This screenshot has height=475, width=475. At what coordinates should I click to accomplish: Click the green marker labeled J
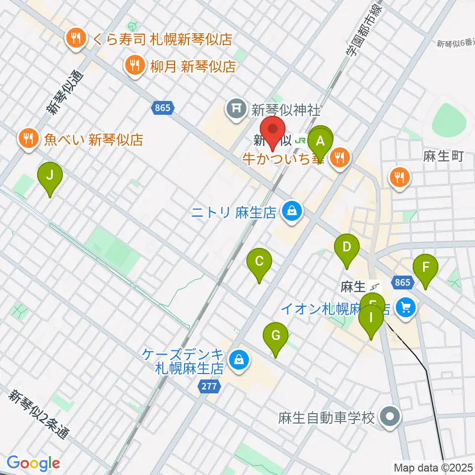(49, 175)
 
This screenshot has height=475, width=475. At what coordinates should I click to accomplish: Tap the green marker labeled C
(259, 261)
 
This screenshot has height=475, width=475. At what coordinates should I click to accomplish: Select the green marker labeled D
(347, 246)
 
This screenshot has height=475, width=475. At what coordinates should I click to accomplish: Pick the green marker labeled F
(425, 267)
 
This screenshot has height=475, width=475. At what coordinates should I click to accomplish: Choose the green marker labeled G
(276, 336)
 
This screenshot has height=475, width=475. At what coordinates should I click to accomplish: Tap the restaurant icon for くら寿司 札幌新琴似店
(76, 40)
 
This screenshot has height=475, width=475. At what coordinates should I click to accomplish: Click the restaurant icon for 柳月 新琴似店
(134, 64)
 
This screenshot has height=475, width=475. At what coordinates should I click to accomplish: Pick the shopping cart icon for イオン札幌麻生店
(406, 309)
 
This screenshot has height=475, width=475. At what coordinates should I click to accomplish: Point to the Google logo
(34, 463)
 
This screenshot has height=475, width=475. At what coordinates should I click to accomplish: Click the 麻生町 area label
(443, 157)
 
